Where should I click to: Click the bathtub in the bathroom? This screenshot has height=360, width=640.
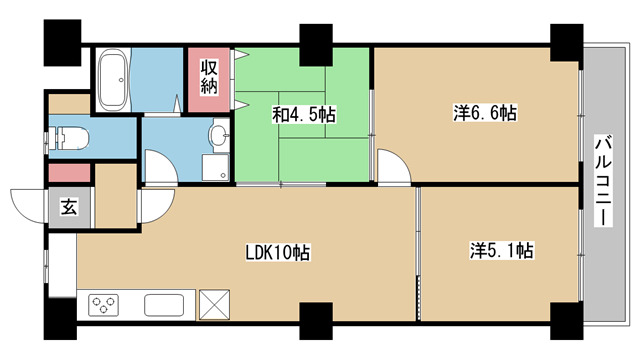(x=114, y=80)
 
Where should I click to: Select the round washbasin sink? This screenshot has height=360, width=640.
(x=219, y=134)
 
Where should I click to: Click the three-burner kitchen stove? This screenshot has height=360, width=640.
(x=103, y=305)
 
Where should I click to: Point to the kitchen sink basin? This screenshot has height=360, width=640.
(x=164, y=305)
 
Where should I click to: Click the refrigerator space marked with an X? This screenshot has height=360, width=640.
(x=214, y=304)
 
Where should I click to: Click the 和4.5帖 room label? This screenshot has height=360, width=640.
(x=304, y=115)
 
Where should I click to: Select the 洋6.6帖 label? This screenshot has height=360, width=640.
(x=484, y=113)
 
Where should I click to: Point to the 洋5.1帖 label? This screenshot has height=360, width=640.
(x=501, y=250)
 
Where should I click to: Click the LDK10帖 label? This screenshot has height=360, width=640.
(x=278, y=253)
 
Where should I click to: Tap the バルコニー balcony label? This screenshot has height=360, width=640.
(x=604, y=181)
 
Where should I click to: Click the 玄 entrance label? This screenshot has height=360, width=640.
(x=69, y=207)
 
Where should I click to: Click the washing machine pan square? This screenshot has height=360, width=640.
(x=216, y=167)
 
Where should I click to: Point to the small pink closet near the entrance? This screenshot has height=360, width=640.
(x=69, y=173)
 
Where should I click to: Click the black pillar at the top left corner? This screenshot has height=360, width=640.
(x=62, y=42)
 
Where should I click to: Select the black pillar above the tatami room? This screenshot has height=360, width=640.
(x=316, y=45)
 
